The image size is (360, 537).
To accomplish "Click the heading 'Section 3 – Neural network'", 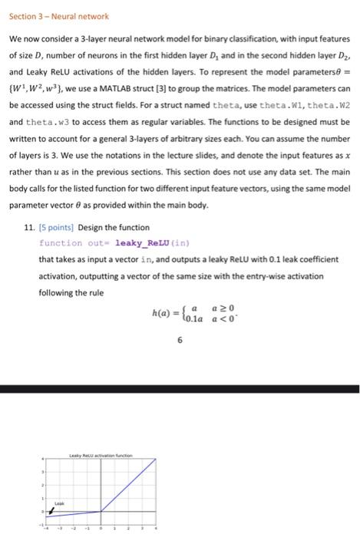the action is click(59, 16).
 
